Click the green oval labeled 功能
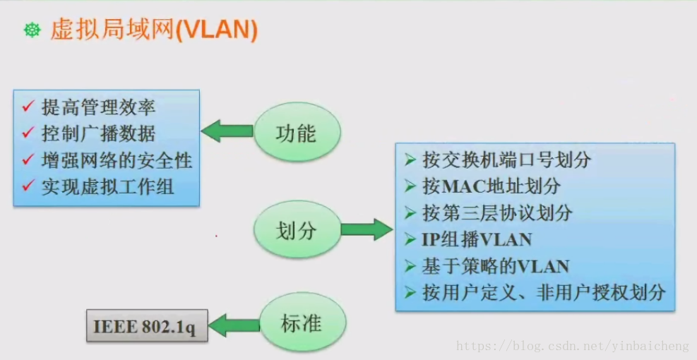click(297, 133)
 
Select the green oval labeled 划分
click(297, 230)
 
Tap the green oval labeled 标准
click(302, 324)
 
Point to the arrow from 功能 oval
click(227, 131)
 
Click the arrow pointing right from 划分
click(366, 229)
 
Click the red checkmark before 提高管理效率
click(28, 107)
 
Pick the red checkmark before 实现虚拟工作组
click(28, 186)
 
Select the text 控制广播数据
click(98, 133)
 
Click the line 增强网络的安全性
click(117, 160)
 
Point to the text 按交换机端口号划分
click(506, 160)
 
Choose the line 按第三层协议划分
click(497, 213)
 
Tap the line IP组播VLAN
click(477, 239)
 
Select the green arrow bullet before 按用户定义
click(410, 292)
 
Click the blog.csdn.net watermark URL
click(573, 347)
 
